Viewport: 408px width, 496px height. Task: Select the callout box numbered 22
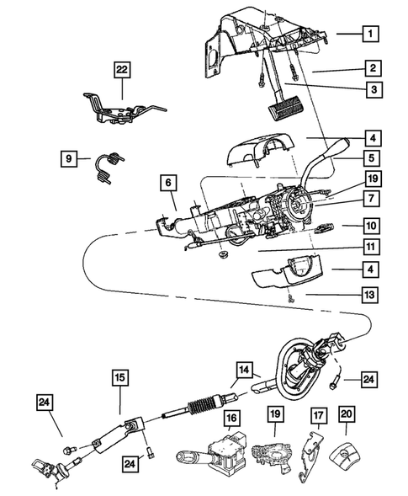(124, 70)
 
